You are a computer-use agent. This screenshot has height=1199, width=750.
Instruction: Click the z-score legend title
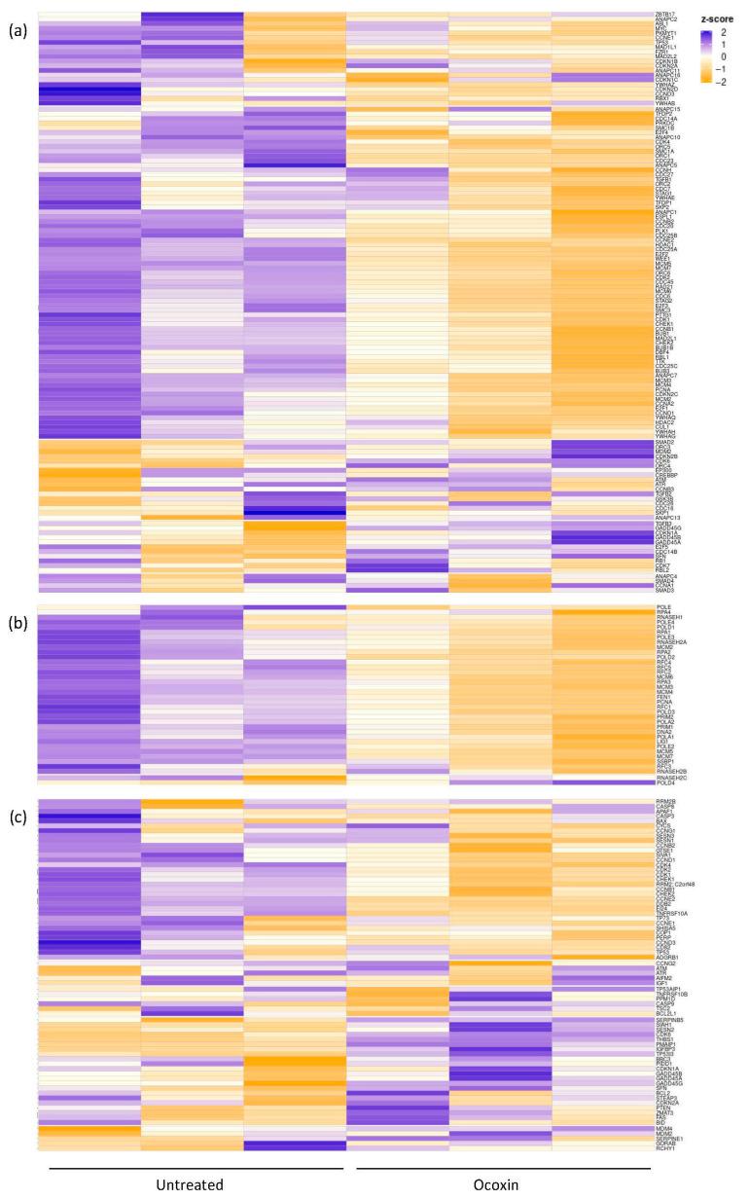pyautogui.click(x=719, y=18)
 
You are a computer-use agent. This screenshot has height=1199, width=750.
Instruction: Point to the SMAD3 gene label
pyautogui.click(x=665, y=591)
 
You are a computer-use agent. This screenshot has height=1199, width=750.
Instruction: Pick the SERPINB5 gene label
pyautogui.click(x=670, y=1020)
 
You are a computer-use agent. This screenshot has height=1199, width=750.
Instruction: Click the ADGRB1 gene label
pyautogui.click(x=667, y=957)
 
